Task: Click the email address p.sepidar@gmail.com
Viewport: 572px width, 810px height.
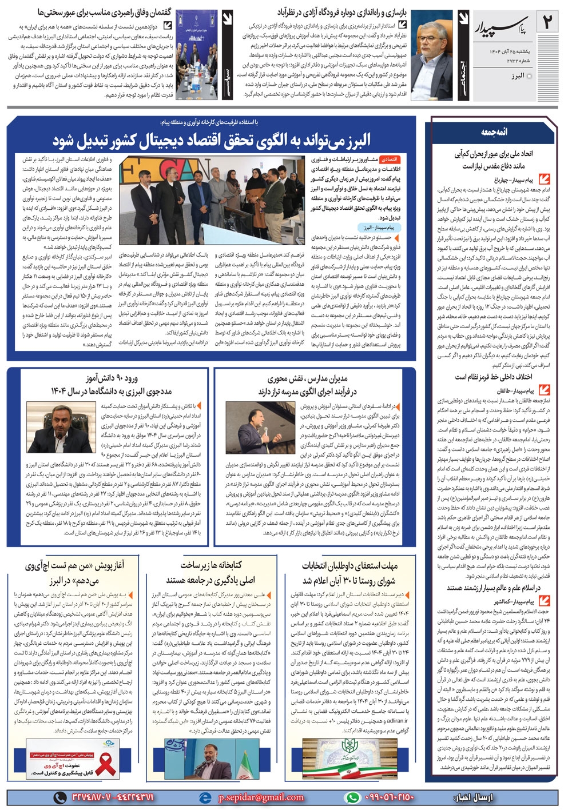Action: click(261, 797)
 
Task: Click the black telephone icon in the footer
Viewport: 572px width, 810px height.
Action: click(60, 797)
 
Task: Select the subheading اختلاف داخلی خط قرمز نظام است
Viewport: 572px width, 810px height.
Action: click(493, 377)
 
